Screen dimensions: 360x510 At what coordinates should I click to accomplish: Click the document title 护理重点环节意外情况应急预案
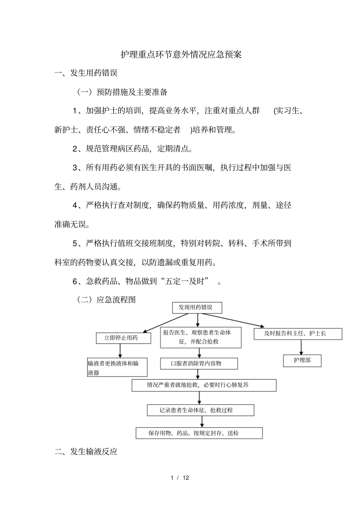coord(181,55)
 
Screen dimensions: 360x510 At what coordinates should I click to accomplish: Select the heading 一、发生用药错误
coord(86,73)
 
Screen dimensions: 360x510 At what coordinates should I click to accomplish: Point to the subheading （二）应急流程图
coord(106,300)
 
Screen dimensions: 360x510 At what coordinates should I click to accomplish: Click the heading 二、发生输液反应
coord(86,452)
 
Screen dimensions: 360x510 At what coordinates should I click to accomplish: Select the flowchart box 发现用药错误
coord(197,308)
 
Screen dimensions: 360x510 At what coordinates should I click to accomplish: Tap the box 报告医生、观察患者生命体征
coord(200,337)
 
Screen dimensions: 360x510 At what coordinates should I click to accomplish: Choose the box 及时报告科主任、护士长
coord(297,334)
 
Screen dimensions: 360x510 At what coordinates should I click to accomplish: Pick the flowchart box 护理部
coord(302,360)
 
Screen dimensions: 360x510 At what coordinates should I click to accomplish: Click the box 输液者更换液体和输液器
coord(117,367)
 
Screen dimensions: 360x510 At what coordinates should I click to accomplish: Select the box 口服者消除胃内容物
coord(199,364)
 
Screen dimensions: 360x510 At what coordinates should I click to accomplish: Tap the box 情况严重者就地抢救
coord(204,385)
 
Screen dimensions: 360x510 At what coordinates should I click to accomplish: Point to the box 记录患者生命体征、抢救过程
coord(200,410)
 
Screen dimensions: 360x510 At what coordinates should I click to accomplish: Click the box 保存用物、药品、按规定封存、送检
coord(199,433)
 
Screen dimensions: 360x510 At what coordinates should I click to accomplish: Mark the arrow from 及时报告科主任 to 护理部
coord(301,347)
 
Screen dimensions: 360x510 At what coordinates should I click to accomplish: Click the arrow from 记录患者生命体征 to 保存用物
coord(201,421)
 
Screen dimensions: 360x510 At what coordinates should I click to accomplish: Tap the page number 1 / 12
coord(180,477)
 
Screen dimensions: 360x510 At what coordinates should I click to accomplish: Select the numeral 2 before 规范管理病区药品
coord(75,149)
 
